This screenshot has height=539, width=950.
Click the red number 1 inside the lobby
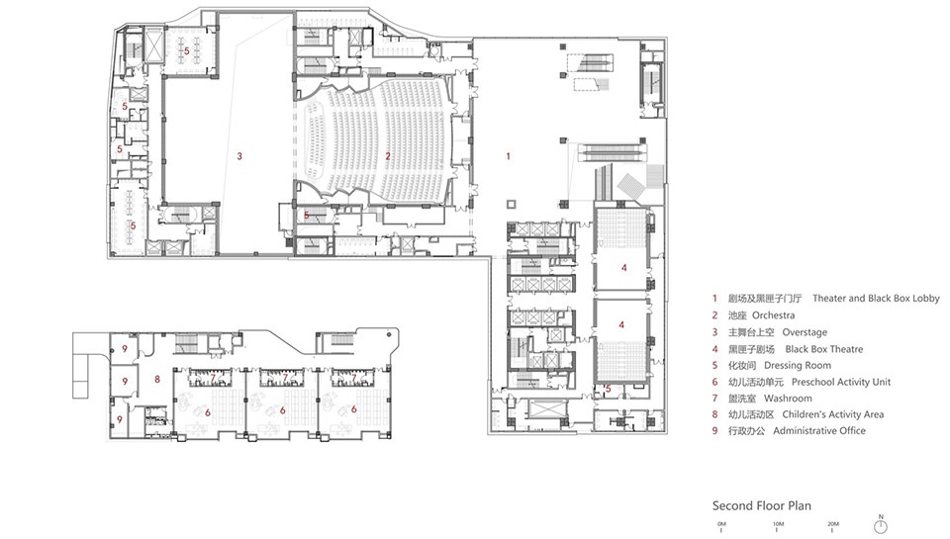[508, 156]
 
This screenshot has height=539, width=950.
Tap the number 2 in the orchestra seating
[388, 156]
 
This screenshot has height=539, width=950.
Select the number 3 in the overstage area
[239, 156]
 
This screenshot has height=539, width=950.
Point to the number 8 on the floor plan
[157, 379]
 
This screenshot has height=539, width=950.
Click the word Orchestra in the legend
[773, 314]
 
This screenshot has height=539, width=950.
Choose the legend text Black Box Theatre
[824, 349]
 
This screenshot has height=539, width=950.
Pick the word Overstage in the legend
[804, 332]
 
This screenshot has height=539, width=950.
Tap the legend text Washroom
[788, 398]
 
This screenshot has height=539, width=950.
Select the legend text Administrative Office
[819, 430]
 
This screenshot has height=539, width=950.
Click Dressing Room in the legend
[798, 365]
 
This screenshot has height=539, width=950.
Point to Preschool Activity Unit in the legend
[841, 382]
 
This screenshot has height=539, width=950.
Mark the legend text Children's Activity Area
[832, 414]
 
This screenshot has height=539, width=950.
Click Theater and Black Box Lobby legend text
[876, 298]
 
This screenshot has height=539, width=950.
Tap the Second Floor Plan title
[762, 505]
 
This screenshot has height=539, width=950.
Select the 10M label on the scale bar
[778, 524]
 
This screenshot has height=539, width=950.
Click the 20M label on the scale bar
[833, 524]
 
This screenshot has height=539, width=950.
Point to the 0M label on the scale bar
[721, 524]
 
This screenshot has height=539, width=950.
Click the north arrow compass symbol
[881, 525]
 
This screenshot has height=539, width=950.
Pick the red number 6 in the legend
[714, 382]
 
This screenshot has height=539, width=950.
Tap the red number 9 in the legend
[714, 431]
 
